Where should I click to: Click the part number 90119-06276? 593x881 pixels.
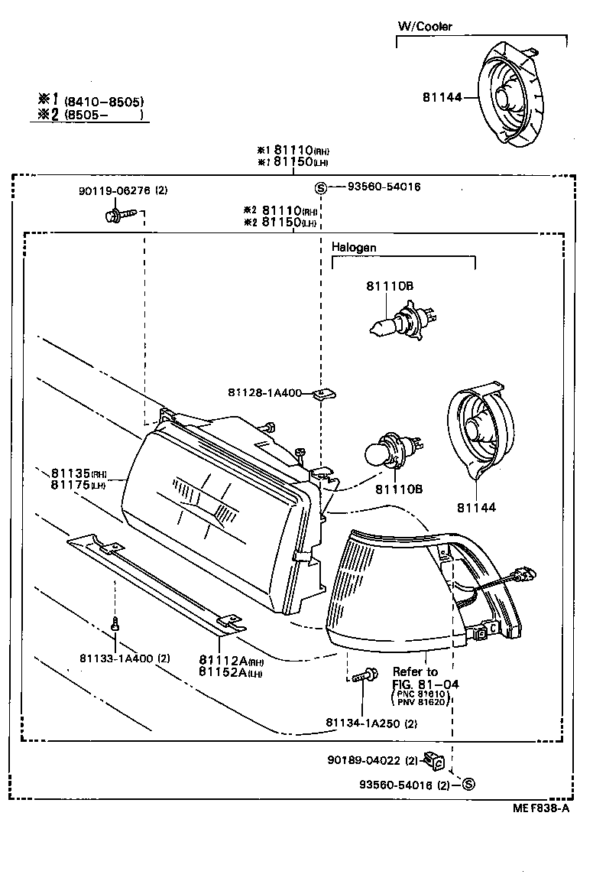point(114,190)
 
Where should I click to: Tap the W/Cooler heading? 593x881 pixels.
point(425,27)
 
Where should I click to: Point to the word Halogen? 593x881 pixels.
point(354,248)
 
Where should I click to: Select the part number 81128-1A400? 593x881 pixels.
point(264,392)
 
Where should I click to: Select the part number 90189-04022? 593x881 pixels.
point(364,760)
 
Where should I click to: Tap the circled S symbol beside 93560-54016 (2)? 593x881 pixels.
point(469,784)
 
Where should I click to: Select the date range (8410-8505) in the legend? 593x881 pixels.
point(104,101)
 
